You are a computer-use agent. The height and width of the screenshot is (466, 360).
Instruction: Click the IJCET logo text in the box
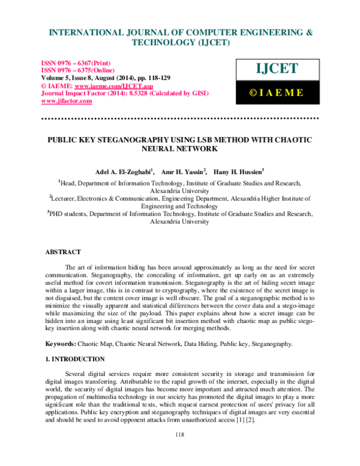(277, 69)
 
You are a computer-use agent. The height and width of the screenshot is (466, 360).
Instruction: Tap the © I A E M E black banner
(277, 92)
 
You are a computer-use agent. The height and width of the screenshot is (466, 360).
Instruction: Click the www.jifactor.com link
(66, 101)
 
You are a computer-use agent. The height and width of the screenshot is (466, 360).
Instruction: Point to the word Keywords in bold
(61, 344)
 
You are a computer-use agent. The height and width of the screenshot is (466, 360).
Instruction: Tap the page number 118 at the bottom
(179, 451)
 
